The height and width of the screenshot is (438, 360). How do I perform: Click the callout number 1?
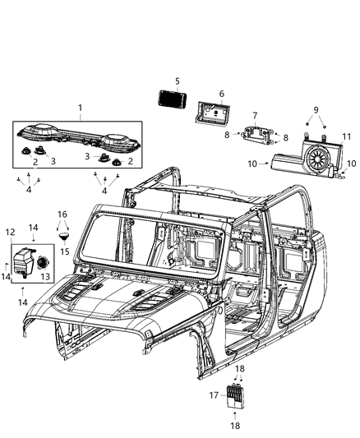[x=80, y=108]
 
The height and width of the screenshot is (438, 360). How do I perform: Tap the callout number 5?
[x=175, y=81]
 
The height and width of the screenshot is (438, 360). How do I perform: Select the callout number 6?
[x=221, y=95]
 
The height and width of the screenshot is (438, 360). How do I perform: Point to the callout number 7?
[x=255, y=115]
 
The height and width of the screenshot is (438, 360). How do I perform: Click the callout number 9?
[x=315, y=109]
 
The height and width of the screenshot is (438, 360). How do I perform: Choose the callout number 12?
[x=11, y=233]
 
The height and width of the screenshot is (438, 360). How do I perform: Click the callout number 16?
[x=62, y=214]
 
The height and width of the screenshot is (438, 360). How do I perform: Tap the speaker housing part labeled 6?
[x=213, y=111]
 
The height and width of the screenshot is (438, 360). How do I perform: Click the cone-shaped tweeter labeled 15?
[x=63, y=237]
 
